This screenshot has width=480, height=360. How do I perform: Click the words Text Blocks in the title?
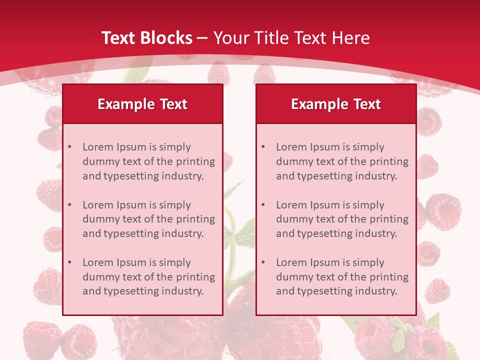click(x=147, y=38)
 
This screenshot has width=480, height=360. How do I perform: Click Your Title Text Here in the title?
click(x=291, y=38)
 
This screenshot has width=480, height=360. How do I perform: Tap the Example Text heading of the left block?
click(x=142, y=104)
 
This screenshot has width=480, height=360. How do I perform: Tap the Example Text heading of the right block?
click(x=336, y=104)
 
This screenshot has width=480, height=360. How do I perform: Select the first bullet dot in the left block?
click(x=69, y=147)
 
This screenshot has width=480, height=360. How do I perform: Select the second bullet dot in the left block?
click(x=69, y=205)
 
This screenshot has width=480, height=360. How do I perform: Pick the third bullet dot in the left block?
click(x=69, y=262)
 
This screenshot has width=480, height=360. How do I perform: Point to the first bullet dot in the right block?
click(x=263, y=147)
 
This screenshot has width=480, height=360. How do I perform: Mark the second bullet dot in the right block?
click(x=263, y=205)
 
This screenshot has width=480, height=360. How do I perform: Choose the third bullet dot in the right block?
click(x=263, y=262)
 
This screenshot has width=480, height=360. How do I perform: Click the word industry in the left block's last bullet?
click(x=182, y=291)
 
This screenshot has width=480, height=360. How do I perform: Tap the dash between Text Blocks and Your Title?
click(x=202, y=38)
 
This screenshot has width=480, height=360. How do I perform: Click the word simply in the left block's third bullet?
click(x=174, y=262)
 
